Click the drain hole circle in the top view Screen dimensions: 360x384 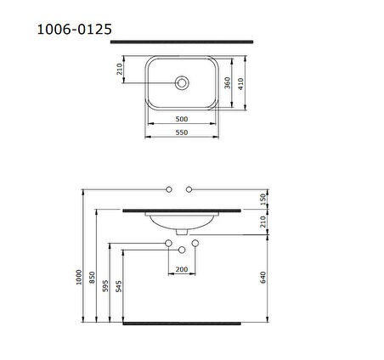pos(181,82)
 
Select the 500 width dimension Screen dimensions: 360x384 pos(181,120)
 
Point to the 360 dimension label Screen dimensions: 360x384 pos(227,83)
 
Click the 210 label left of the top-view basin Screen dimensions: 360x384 pos(121,69)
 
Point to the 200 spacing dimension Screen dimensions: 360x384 pos(181,269)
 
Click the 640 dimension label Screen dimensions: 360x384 pos(264,277)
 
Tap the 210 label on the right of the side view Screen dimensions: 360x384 pos(264,222)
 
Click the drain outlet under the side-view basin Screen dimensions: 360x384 pos(181,229)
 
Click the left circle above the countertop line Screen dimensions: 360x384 pos(169,188)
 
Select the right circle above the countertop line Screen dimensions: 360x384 pos(194,188)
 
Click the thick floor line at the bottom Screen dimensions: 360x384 pos(181,323)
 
